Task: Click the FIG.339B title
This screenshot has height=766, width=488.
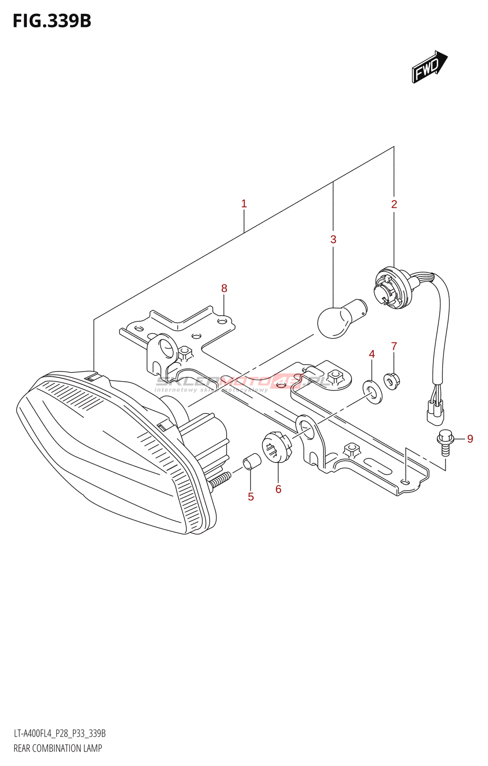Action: point(52,21)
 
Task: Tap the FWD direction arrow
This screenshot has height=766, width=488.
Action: point(429,67)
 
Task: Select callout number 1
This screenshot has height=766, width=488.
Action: point(244,204)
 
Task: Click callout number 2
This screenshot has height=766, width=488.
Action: point(394,204)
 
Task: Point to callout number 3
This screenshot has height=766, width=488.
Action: point(333,239)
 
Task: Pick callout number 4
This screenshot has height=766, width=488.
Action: point(372,354)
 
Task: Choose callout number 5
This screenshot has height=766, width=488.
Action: point(251,497)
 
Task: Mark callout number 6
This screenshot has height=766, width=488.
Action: point(278,489)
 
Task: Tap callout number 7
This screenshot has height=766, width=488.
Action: point(394,346)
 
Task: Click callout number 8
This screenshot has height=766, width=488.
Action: point(224,288)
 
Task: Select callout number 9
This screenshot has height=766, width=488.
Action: point(470,439)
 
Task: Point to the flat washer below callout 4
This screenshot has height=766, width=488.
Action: point(373,391)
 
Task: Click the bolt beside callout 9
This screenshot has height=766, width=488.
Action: point(445,442)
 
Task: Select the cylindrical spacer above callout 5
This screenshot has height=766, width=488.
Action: point(252,462)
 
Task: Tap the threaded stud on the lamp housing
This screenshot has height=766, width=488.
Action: point(220,480)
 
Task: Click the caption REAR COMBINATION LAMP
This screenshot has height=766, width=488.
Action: point(58,748)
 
